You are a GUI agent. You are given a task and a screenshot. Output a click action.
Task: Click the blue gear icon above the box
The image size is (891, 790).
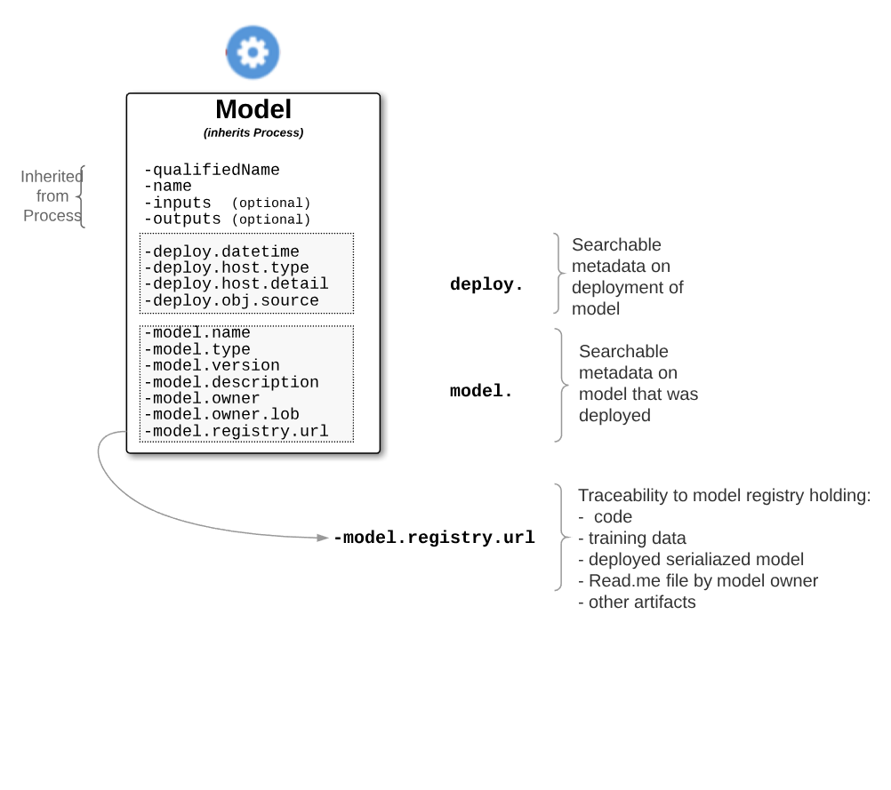point(253,52)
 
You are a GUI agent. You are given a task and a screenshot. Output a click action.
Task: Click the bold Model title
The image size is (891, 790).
point(253,109)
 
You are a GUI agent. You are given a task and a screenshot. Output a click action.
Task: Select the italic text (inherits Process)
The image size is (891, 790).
point(253,132)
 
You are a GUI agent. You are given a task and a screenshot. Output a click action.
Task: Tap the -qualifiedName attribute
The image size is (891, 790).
point(212,170)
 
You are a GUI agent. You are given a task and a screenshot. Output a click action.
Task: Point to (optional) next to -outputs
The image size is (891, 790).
point(271,219)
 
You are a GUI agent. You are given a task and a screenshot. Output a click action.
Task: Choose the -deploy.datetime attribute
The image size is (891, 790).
point(221,251)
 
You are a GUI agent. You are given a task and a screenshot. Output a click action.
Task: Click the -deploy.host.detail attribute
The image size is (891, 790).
point(236,283)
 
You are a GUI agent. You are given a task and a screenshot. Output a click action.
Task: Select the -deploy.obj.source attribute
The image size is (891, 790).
point(231,300)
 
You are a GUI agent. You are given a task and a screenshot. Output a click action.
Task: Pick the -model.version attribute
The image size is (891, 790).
point(212,365)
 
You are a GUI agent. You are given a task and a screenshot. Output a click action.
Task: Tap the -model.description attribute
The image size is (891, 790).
point(231,382)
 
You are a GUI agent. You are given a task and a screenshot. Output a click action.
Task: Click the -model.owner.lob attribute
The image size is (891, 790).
point(221,414)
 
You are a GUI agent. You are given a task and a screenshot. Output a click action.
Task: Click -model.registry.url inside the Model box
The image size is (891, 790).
point(236,431)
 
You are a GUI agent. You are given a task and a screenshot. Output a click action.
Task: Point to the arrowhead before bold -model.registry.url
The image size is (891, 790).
point(324,538)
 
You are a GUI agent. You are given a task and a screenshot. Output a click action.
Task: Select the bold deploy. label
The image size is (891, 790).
point(486,284)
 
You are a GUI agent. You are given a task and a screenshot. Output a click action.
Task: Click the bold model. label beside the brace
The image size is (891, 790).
point(481,391)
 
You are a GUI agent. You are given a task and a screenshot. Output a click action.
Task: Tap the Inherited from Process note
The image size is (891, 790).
point(52,196)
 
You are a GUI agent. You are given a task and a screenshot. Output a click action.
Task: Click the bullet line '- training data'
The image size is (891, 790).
point(632,538)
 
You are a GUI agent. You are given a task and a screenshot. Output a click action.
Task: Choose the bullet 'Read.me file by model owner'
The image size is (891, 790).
point(698,580)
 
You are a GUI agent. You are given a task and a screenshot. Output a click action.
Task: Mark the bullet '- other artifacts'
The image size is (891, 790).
point(637,602)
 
